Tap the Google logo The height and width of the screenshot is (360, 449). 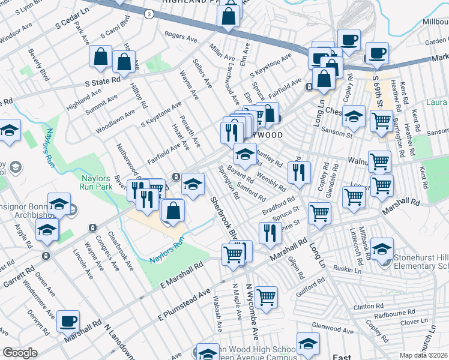click(x=20, y=353)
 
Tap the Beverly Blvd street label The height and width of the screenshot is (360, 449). click(x=38, y=65)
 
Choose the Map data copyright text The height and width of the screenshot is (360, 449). click(x=424, y=355)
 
